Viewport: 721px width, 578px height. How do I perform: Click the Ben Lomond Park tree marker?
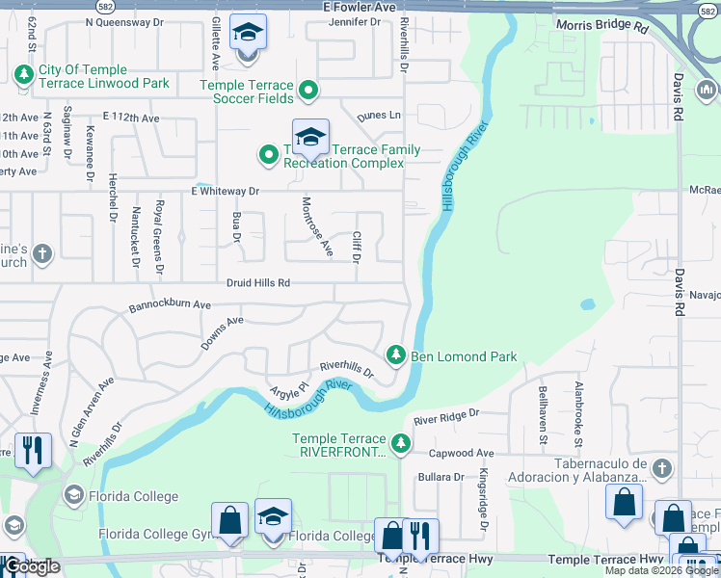click(x=395, y=355)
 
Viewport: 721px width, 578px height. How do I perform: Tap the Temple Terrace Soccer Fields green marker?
click(x=308, y=92)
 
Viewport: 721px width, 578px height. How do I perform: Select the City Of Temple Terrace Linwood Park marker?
click(x=22, y=73)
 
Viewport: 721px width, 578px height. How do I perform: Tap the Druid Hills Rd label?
click(x=258, y=283)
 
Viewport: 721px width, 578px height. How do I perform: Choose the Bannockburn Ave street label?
click(x=171, y=305)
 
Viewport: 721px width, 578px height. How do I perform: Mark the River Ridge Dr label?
click(x=445, y=416)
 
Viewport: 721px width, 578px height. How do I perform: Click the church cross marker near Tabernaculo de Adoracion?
click(x=660, y=468)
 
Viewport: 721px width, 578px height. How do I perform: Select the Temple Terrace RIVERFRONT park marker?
click(x=399, y=445)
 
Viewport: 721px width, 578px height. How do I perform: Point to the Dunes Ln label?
click(x=379, y=116)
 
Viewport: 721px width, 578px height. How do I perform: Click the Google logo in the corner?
click(x=31, y=566)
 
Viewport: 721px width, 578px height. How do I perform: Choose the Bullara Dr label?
click(x=441, y=477)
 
